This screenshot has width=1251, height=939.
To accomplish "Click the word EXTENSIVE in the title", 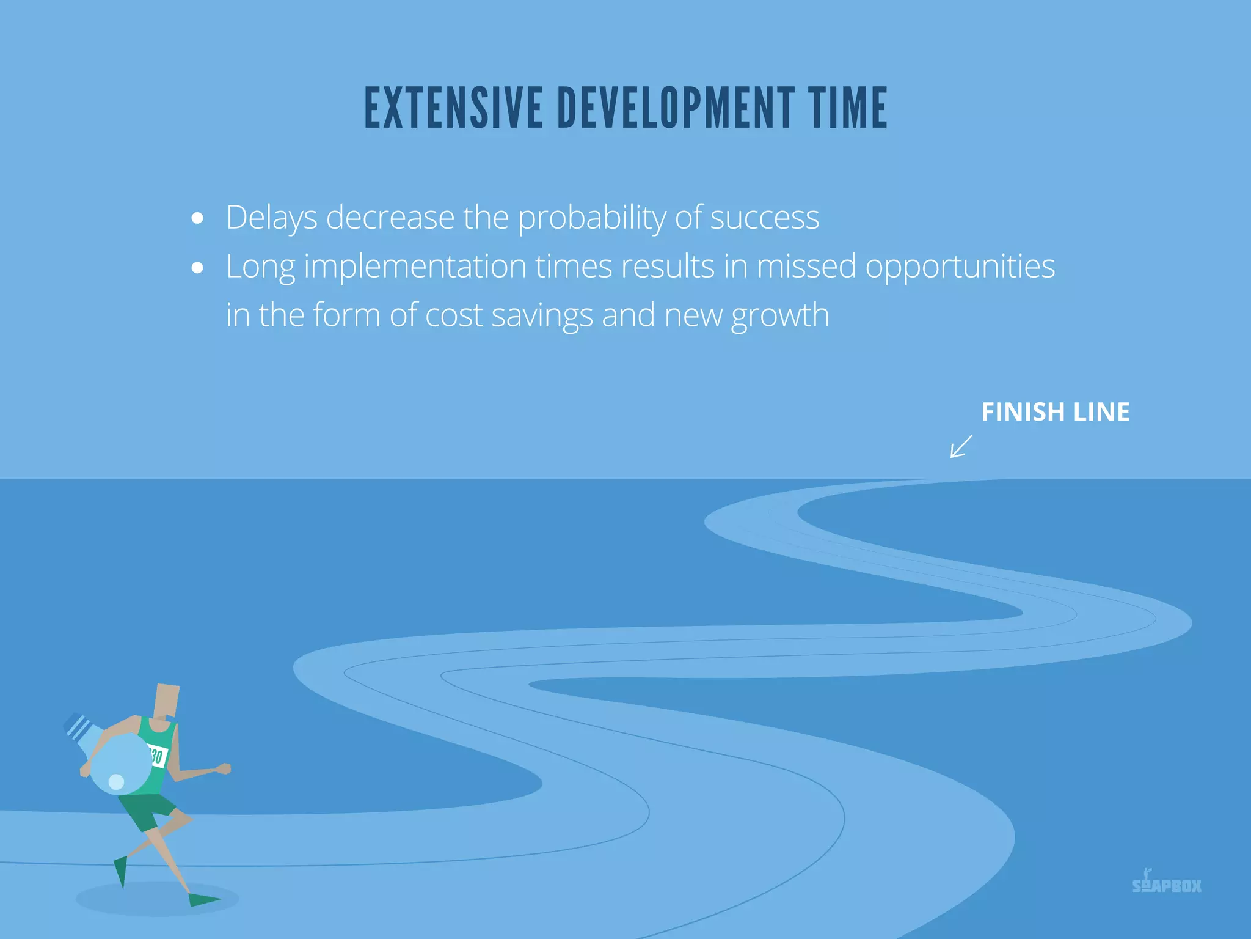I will (453, 108).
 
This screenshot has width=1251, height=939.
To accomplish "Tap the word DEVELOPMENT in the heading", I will (676, 108).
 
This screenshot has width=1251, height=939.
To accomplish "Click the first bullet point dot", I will (197, 218).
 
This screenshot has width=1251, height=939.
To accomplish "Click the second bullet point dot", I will (197, 267).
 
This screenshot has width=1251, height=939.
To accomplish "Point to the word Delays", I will (271, 218).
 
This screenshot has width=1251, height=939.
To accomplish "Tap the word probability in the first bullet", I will (591, 218).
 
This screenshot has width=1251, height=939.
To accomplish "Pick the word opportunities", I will (960, 267).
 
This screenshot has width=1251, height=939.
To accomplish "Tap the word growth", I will (780, 316).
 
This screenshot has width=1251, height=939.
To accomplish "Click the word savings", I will (542, 316).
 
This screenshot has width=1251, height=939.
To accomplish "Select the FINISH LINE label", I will (1055, 412).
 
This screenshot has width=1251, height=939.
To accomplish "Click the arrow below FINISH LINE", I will (961, 446).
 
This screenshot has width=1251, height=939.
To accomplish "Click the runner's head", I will (167, 700).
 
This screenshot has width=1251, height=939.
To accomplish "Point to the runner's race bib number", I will (157, 757).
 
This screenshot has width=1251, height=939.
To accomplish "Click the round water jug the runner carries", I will (121, 764).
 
